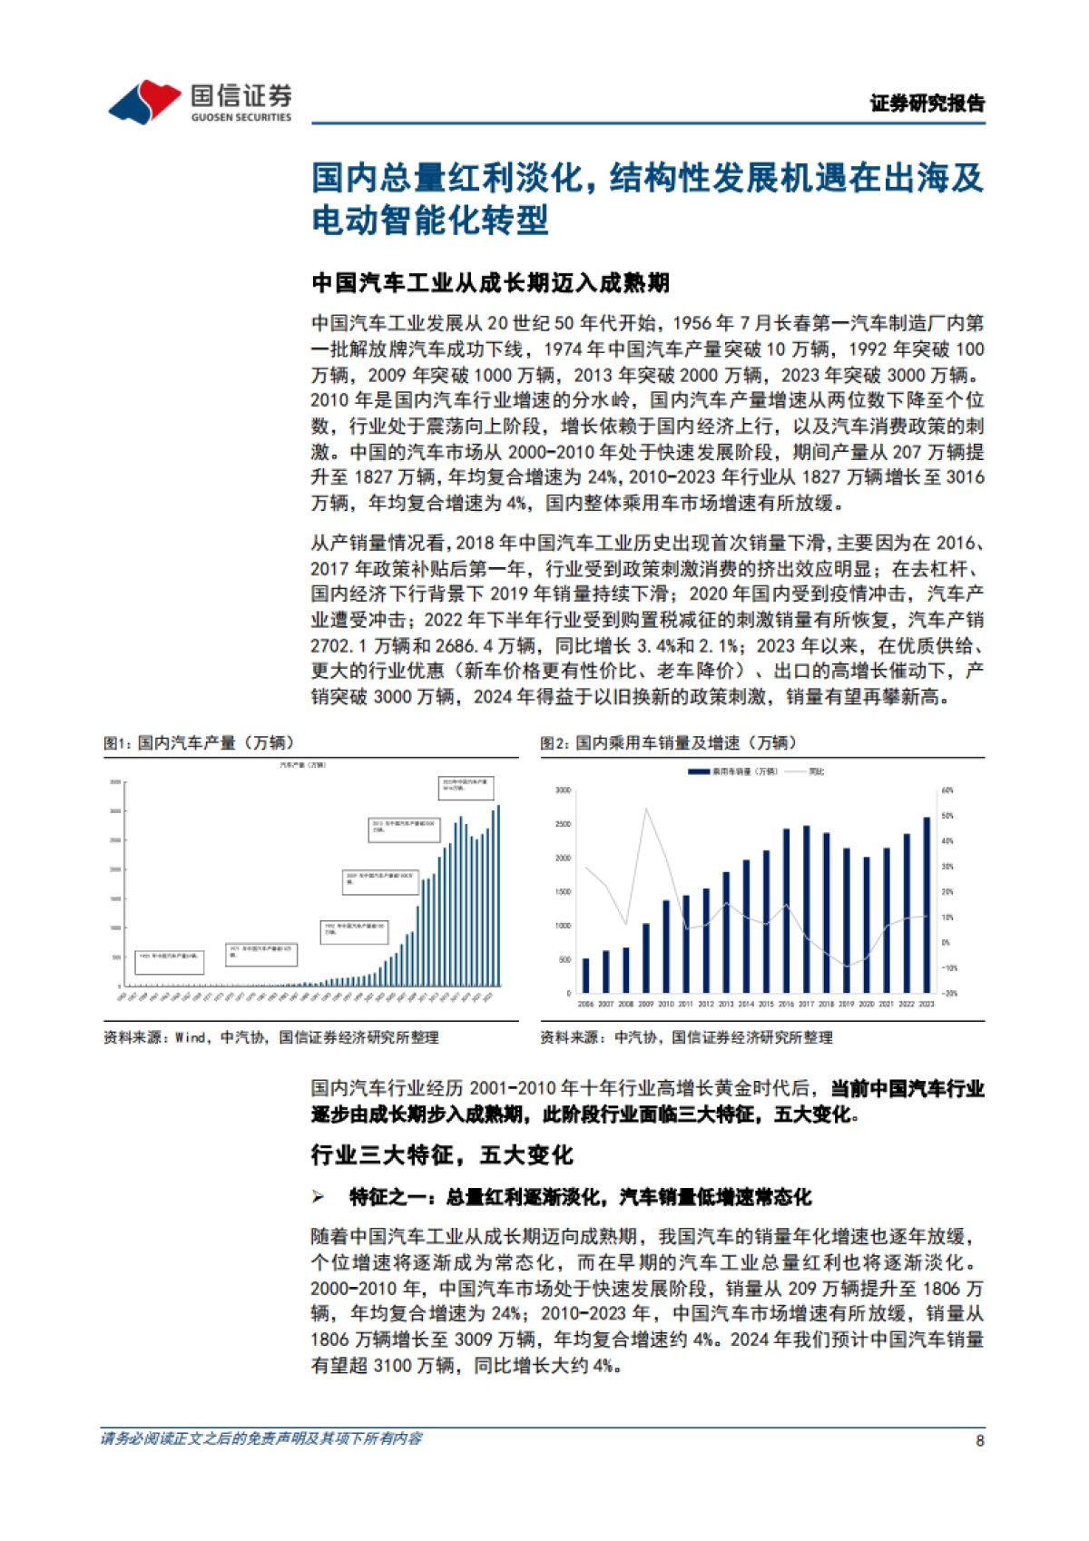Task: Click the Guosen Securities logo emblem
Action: [x=145, y=101]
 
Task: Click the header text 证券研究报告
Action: [x=927, y=103]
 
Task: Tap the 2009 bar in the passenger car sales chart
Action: [x=646, y=957]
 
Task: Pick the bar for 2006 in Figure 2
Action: [x=585, y=975]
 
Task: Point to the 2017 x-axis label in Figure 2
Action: [x=806, y=1005]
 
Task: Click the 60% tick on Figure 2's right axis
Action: [x=947, y=790]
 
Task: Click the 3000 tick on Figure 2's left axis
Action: [x=563, y=790]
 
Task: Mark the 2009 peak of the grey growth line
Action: [x=646, y=809]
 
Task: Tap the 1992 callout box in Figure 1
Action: [x=354, y=930]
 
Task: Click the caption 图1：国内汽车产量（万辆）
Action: [x=199, y=743]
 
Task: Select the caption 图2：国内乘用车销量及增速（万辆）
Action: [x=668, y=743]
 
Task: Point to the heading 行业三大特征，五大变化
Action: [x=442, y=1155]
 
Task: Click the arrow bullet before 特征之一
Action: [x=318, y=1198]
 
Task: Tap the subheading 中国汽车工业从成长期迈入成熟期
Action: [x=490, y=283]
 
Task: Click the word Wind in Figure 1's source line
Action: [x=191, y=1037]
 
